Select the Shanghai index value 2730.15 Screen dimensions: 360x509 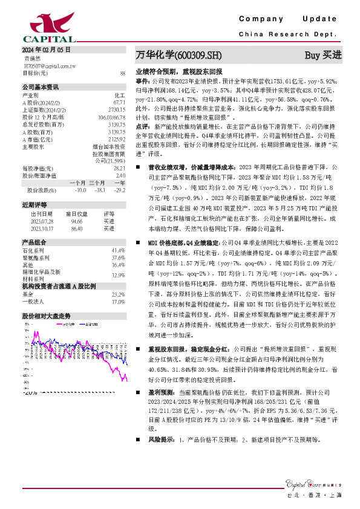click(x=116, y=109)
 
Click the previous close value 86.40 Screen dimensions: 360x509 click(x=77, y=229)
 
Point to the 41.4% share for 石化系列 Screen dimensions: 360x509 click(x=118, y=250)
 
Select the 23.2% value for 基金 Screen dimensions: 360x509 click(x=118, y=294)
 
